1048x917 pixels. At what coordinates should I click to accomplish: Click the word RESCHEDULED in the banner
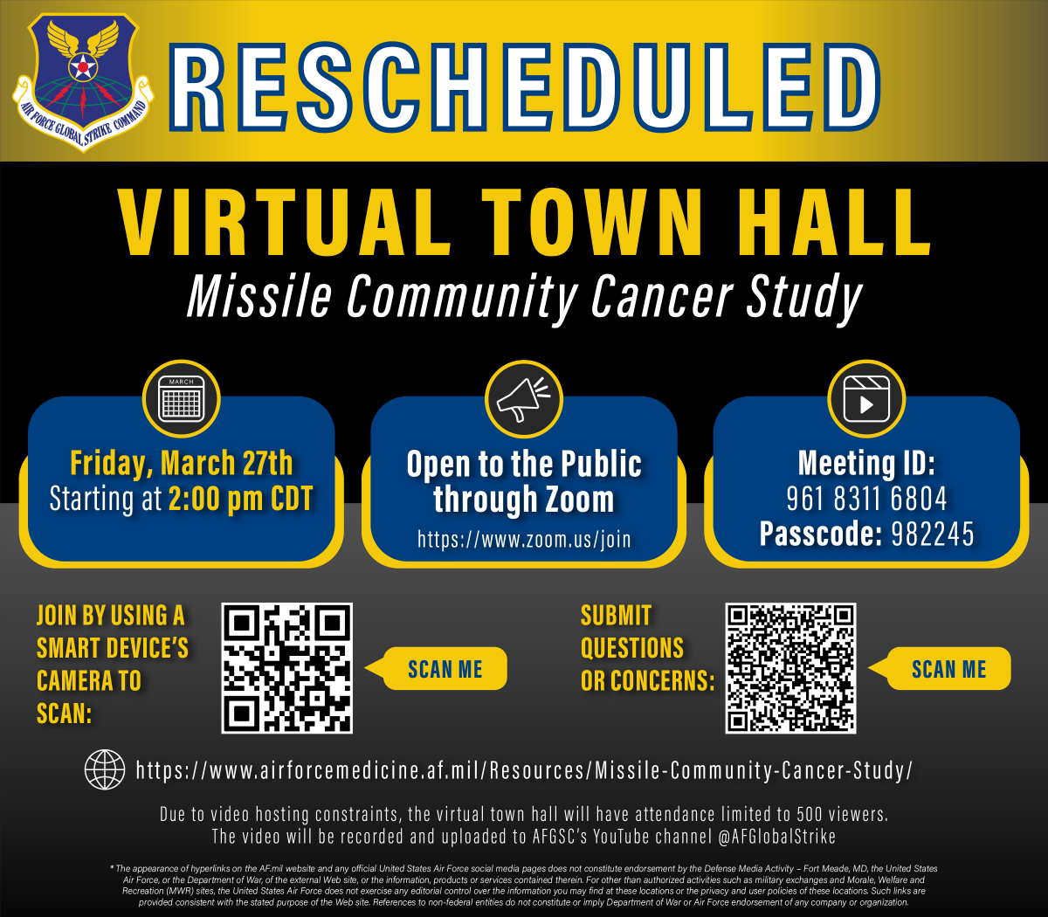coord(524,85)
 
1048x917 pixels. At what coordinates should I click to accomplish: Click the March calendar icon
coord(181,400)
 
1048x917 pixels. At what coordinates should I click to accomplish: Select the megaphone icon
coord(524,400)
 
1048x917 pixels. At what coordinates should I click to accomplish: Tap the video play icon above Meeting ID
coord(866,400)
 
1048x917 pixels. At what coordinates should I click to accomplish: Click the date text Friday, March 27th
coord(181,463)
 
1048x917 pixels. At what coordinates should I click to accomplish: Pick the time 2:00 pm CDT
coord(240,500)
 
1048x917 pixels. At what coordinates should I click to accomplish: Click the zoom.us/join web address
coord(524,539)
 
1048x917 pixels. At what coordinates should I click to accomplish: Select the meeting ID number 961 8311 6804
coord(866,500)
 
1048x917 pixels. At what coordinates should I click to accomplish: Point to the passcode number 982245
coord(920,534)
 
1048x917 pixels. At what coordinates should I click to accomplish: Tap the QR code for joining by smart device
coord(287,668)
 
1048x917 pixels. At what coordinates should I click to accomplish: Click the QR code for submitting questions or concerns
coord(790,668)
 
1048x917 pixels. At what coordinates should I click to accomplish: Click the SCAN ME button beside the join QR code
coord(445,669)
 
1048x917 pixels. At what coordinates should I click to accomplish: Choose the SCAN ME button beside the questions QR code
coord(948,669)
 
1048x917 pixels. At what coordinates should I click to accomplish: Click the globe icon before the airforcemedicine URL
coord(105,770)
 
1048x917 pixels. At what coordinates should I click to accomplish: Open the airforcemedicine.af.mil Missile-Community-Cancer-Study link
coord(524,770)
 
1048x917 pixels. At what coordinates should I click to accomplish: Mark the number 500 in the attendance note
coord(809,815)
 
